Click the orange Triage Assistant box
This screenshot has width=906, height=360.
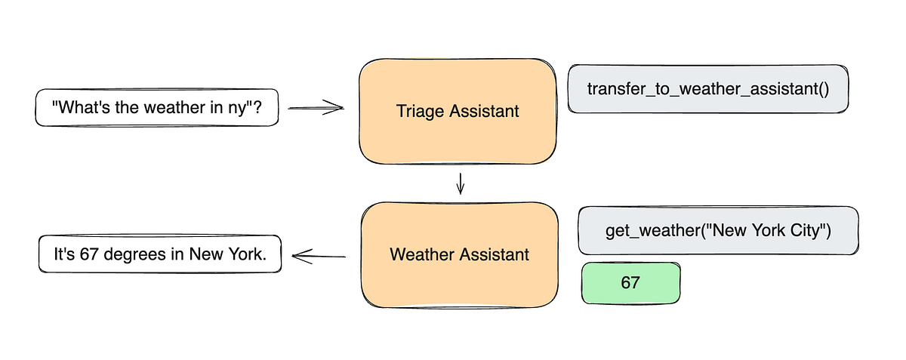pos(458,111)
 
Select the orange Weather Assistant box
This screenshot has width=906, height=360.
pos(459,254)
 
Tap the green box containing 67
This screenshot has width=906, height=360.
pos(630,283)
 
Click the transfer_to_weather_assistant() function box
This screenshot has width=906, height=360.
pos(708,88)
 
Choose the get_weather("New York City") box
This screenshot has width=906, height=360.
pos(717,230)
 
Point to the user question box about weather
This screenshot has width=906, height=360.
pos(157,108)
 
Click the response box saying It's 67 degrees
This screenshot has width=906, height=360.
pos(160,255)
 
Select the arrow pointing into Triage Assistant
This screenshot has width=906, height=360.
pos(316,109)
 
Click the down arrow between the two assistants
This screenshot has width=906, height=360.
pos(460,183)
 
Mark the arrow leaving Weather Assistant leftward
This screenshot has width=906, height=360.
pos(319,257)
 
